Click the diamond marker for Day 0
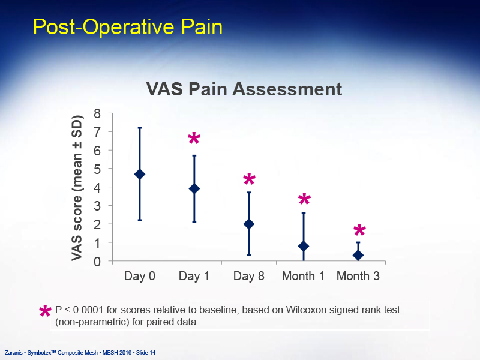(140, 174)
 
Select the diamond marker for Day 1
(194, 188)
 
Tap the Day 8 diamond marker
(249, 224)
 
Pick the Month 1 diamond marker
(304, 246)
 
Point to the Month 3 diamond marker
(358, 255)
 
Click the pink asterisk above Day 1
(194, 139)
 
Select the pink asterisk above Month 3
(359, 230)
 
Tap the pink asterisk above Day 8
(249, 179)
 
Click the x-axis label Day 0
(140, 276)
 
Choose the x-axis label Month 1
(303, 276)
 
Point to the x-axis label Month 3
(358, 276)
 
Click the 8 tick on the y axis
(97, 113)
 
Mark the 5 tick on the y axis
(97, 169)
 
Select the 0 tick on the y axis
(97, 262)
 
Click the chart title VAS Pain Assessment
(244, 89)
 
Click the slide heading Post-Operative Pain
(128, 27)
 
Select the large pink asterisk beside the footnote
(46, 311)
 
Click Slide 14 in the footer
(146, 353)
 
